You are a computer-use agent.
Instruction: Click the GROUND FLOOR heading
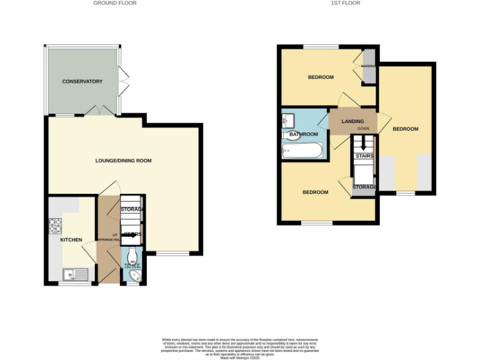click(x=115, y=3)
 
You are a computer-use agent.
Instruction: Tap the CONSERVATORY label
click(x=82, y=82)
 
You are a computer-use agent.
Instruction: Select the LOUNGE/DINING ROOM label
click(x=123, y=161)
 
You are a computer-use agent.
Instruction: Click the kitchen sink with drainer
click(x=78, y=274)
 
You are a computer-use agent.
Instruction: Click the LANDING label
click(x=352, y=121)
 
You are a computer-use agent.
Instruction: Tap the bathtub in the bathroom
click(x=302, y=151)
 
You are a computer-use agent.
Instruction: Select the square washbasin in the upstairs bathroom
click(x=289, y=119)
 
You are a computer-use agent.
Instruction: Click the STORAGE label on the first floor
click(x=364, y=187)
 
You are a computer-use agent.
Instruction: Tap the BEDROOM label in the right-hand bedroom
click(x=405, y=129)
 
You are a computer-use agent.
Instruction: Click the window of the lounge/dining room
click(x=172, y=253)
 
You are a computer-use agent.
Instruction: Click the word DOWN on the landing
click(x=363, y=129)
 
